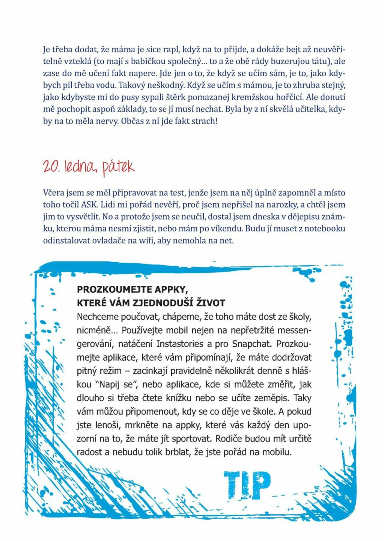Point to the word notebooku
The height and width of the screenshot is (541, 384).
[325, 229]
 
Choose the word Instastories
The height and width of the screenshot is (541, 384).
[180, 344]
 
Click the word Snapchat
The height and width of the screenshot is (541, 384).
[253, 344]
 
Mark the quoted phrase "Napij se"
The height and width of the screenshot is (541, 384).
[117, 384]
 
